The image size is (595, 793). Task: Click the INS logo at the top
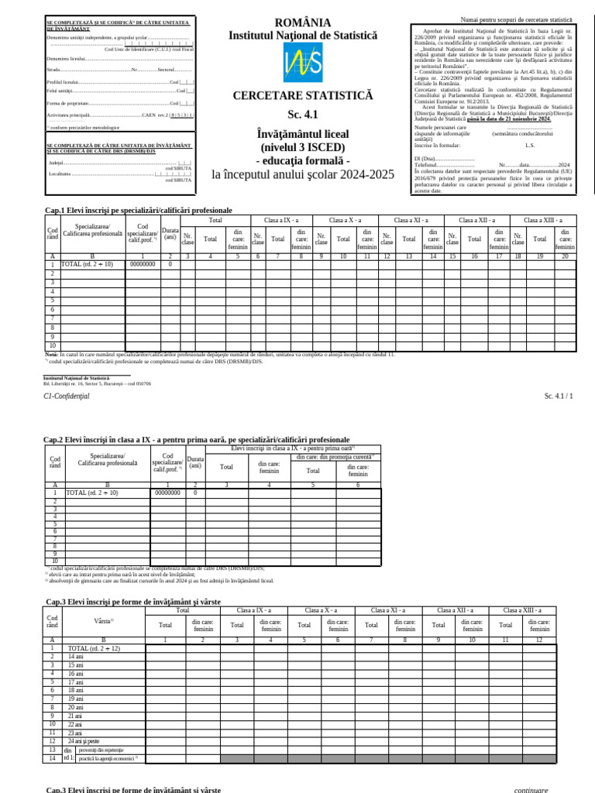pos(302,60)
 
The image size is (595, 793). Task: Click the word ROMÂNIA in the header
pos(302,22)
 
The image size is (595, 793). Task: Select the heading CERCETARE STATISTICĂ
pos(303,97)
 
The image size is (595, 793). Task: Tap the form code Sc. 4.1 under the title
pos(303,115)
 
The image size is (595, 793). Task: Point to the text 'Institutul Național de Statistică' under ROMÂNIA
pos(302,36)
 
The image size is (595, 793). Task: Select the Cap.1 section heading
pos(139,210)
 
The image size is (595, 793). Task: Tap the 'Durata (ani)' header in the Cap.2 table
pos(195,462)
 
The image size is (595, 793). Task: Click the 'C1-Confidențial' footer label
pos(67,396)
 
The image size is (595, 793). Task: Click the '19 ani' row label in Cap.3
pos(76,699)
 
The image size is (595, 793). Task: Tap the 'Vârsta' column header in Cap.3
pos(103,621)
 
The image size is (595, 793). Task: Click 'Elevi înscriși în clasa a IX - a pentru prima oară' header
pos(292,448)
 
